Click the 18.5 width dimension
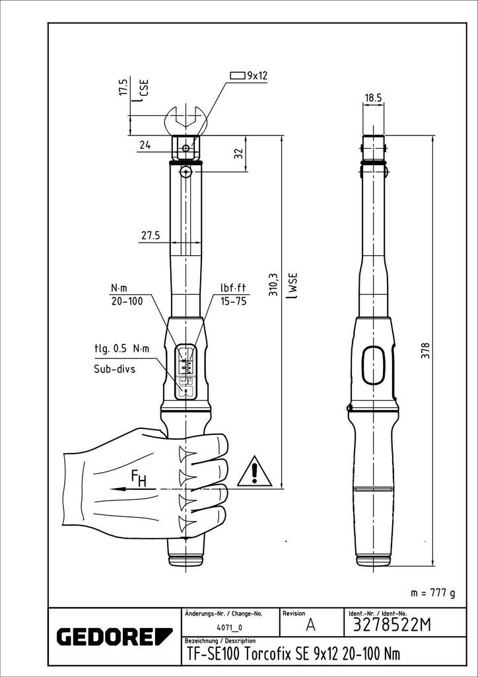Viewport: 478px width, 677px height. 372,97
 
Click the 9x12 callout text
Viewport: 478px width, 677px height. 257,76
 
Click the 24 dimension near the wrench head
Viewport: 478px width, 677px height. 145,145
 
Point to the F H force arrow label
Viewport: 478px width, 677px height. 139,478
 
